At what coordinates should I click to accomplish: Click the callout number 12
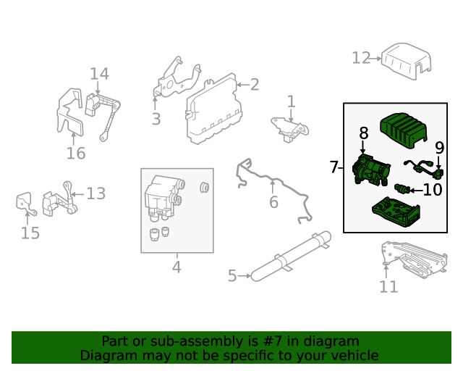click(361, 57)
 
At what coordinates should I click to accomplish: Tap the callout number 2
click(254, 85)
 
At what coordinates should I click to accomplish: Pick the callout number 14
click(99, 73)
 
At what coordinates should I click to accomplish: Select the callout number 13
click(96, 193)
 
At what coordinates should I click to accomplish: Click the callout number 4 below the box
click(177, 267)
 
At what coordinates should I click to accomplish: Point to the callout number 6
click(273, 202)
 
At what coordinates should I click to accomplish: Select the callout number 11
click(388, 286)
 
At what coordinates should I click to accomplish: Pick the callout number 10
click(432, 191)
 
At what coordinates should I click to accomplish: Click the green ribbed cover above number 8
click(402, 130)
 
